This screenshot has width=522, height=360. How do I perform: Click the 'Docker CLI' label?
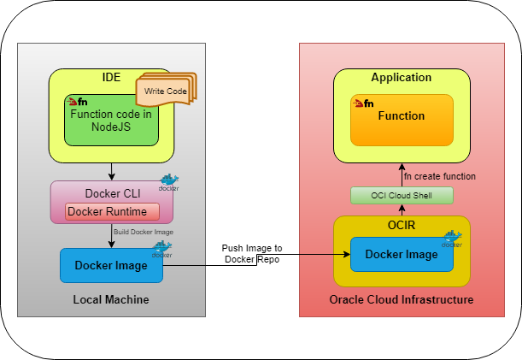(x=112, y=194)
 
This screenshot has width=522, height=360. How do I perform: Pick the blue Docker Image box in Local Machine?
(x=111, y=265)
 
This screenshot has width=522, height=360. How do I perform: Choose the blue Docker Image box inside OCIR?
(x=401, y=254)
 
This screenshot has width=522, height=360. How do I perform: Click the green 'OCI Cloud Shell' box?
(x=401, y=196)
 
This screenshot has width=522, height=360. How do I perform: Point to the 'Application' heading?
(x=401, y=78)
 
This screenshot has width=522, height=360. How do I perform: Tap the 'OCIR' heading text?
(x=401, y=225)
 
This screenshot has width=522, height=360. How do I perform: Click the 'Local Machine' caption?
(x=111, y=299)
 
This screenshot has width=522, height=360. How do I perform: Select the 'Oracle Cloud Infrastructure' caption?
(x=402, y=299)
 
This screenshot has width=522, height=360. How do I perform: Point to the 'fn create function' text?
(x=439, y=176)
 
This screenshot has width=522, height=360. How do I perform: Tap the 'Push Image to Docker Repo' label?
(x=253, y=252)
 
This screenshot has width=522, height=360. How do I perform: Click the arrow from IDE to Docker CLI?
(x=112, y=170)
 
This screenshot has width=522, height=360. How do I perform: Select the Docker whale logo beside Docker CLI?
(x=168, y=182)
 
